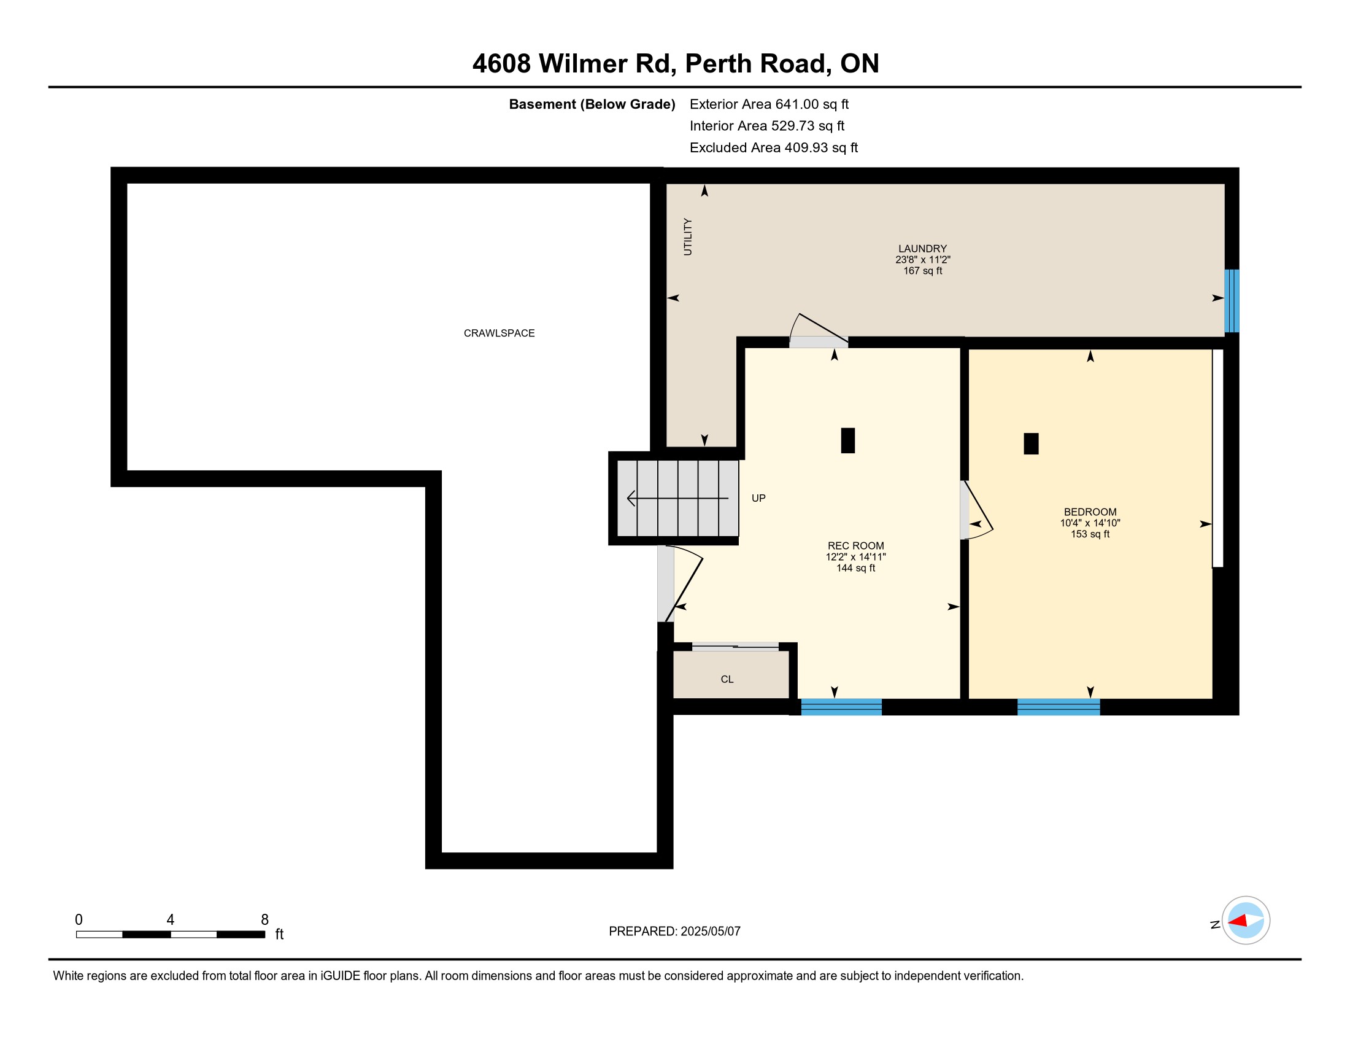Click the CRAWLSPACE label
point(499,333)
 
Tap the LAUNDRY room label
point(922,249)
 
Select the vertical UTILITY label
point(688,237)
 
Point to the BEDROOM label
point(1090,512)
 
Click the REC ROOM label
point(855,545)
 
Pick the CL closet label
point(727,679)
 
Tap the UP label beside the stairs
point(758,498)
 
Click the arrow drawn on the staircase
point(677,498)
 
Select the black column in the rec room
point(847,440)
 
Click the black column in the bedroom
point(1030,443)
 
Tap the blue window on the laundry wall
point(1232,300)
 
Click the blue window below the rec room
point(841,707)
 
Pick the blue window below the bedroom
point(1059,707)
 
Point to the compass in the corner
point(1245,921)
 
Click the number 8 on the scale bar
point(264,920)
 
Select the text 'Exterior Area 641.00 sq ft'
point(769,104)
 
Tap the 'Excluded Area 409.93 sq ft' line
point(774,148)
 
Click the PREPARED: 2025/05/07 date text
point(674,932)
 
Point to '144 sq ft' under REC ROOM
point(855,568)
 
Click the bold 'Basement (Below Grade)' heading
point(592,104)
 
